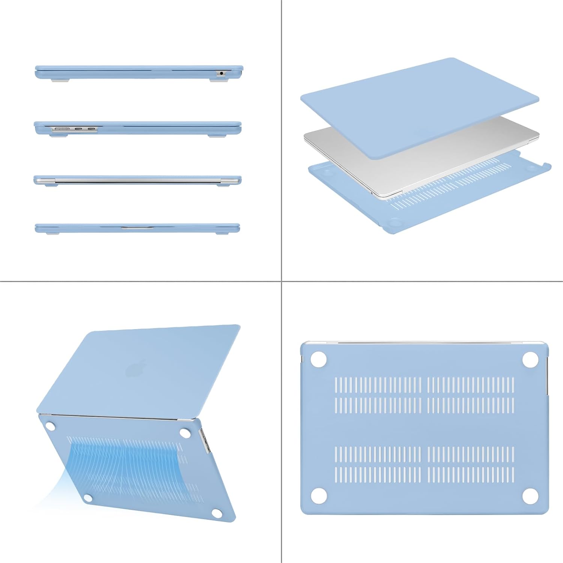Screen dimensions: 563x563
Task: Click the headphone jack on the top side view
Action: tap(221, 73)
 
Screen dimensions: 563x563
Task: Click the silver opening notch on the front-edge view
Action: tap(137, 227)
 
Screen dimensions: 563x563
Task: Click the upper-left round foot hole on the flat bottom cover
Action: tap(319, 359)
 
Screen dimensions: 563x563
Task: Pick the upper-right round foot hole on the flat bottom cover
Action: tap(530, 359)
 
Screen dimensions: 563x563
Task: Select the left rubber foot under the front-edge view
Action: tap(53, 233)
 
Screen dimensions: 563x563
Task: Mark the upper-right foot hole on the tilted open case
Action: tap(185, 432)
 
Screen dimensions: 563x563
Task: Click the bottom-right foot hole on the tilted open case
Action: tap(217, 513)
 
